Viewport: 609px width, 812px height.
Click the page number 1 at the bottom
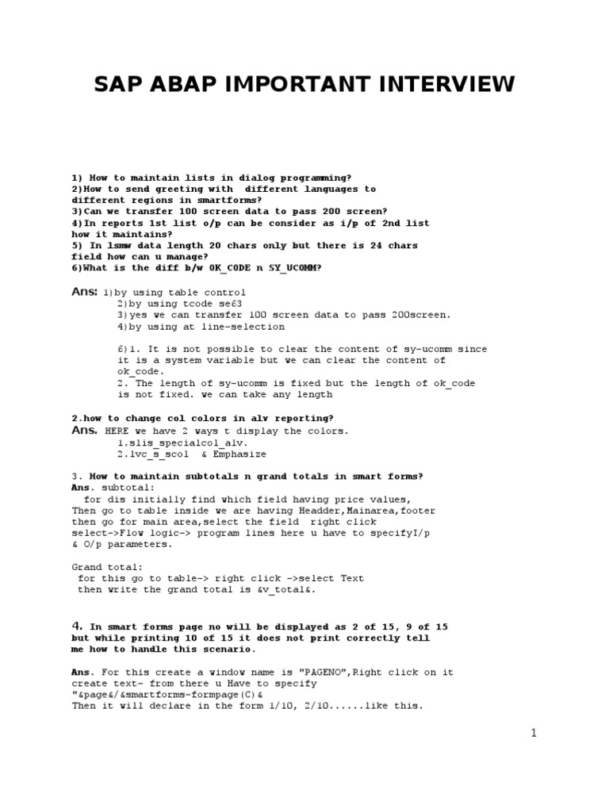(x=534, y=733)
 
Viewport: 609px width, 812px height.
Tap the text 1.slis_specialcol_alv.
(x=182, y=442)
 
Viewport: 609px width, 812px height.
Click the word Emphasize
(x=237, y=454)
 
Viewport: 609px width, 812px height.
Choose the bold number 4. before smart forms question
(x=78, y=626)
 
